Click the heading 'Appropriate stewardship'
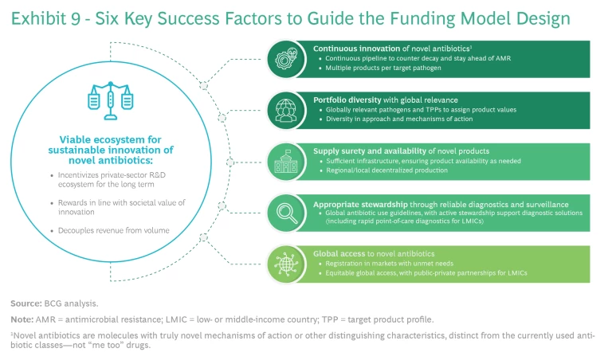[x=351, y=202]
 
